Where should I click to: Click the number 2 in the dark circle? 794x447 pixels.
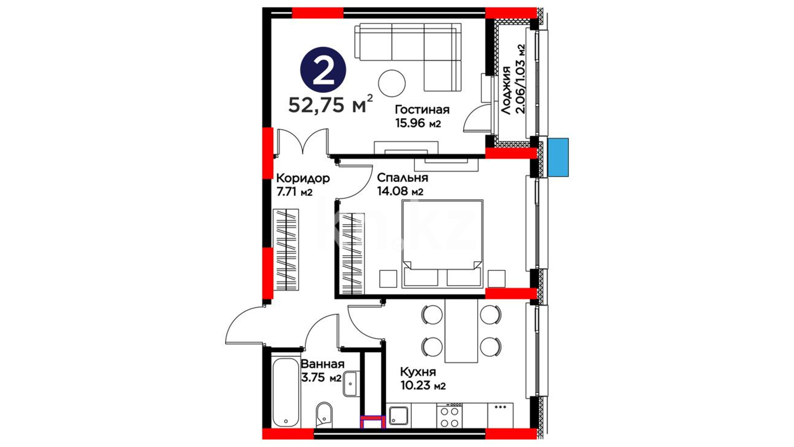323,69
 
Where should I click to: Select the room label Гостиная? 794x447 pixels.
422,110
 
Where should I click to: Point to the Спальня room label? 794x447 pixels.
402,178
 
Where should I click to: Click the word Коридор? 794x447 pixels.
303,179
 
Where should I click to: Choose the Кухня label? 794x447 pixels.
418,372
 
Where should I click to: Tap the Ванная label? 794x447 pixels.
323,364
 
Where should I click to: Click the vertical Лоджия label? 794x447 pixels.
506,90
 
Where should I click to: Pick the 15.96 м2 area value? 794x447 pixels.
418,123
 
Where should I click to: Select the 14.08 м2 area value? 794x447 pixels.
400,191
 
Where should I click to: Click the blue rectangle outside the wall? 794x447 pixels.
558,157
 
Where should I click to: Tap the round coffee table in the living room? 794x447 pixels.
392,83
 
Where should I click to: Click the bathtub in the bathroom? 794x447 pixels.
286,392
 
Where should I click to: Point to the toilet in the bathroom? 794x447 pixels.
324,415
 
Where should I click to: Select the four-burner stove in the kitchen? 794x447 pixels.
450,415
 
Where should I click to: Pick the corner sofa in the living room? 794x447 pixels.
408,57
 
